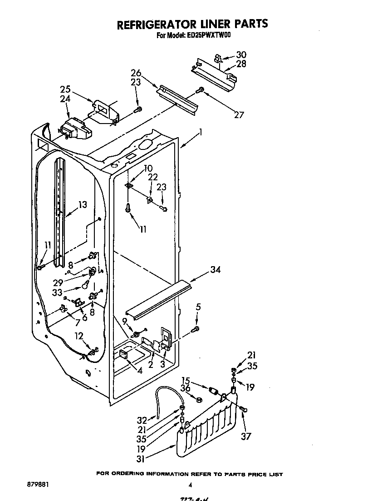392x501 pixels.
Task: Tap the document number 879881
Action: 38,484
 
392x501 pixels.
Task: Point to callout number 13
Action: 82,205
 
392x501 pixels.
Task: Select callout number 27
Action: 239,114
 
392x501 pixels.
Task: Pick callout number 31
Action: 141,459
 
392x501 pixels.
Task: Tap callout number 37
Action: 246,437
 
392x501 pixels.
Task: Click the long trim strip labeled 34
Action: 159,298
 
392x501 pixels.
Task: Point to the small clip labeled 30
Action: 217,58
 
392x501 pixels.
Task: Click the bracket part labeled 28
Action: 213,73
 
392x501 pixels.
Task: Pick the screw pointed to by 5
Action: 196,329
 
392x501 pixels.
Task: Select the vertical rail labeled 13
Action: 59,213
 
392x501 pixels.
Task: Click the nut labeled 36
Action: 198,399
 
